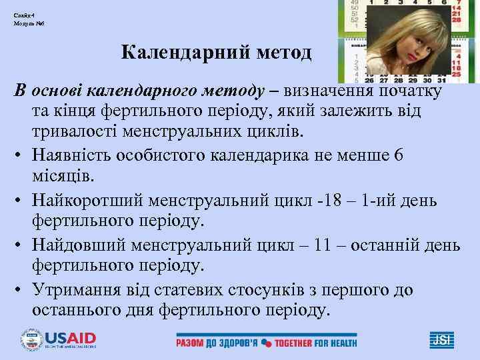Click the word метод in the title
pyautogui.click(x=283, y=53)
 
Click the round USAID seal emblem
pyautogui.click(x=31, y=339)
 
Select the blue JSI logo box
pyautogui.click(x=441, y=339)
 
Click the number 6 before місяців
pyautogui.click(x=399, y=155)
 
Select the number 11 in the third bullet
pyautogui.click(x=323, y=245)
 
